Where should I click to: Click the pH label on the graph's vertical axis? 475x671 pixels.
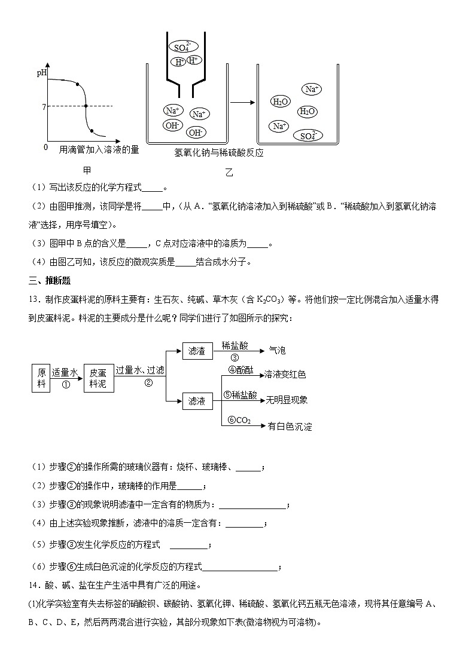point(41,73)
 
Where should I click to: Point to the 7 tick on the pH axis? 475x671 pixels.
point(44,106)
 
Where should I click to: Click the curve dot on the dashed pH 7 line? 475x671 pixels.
point(86,106)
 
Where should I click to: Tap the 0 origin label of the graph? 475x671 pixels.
point(45,147)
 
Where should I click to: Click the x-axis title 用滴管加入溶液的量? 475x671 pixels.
point(99,150)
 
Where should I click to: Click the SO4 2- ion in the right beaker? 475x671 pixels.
point(307,136)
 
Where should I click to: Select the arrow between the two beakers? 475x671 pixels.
point(242,102)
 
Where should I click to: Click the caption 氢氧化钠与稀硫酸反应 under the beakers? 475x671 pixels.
point(219,152)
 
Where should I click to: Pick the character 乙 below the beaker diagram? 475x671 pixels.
point(229,173)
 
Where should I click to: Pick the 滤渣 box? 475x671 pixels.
point(197,351)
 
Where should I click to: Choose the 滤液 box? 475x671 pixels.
point(197,402)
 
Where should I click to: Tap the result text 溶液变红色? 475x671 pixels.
point(285,374)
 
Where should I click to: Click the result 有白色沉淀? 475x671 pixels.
point(290,427)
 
